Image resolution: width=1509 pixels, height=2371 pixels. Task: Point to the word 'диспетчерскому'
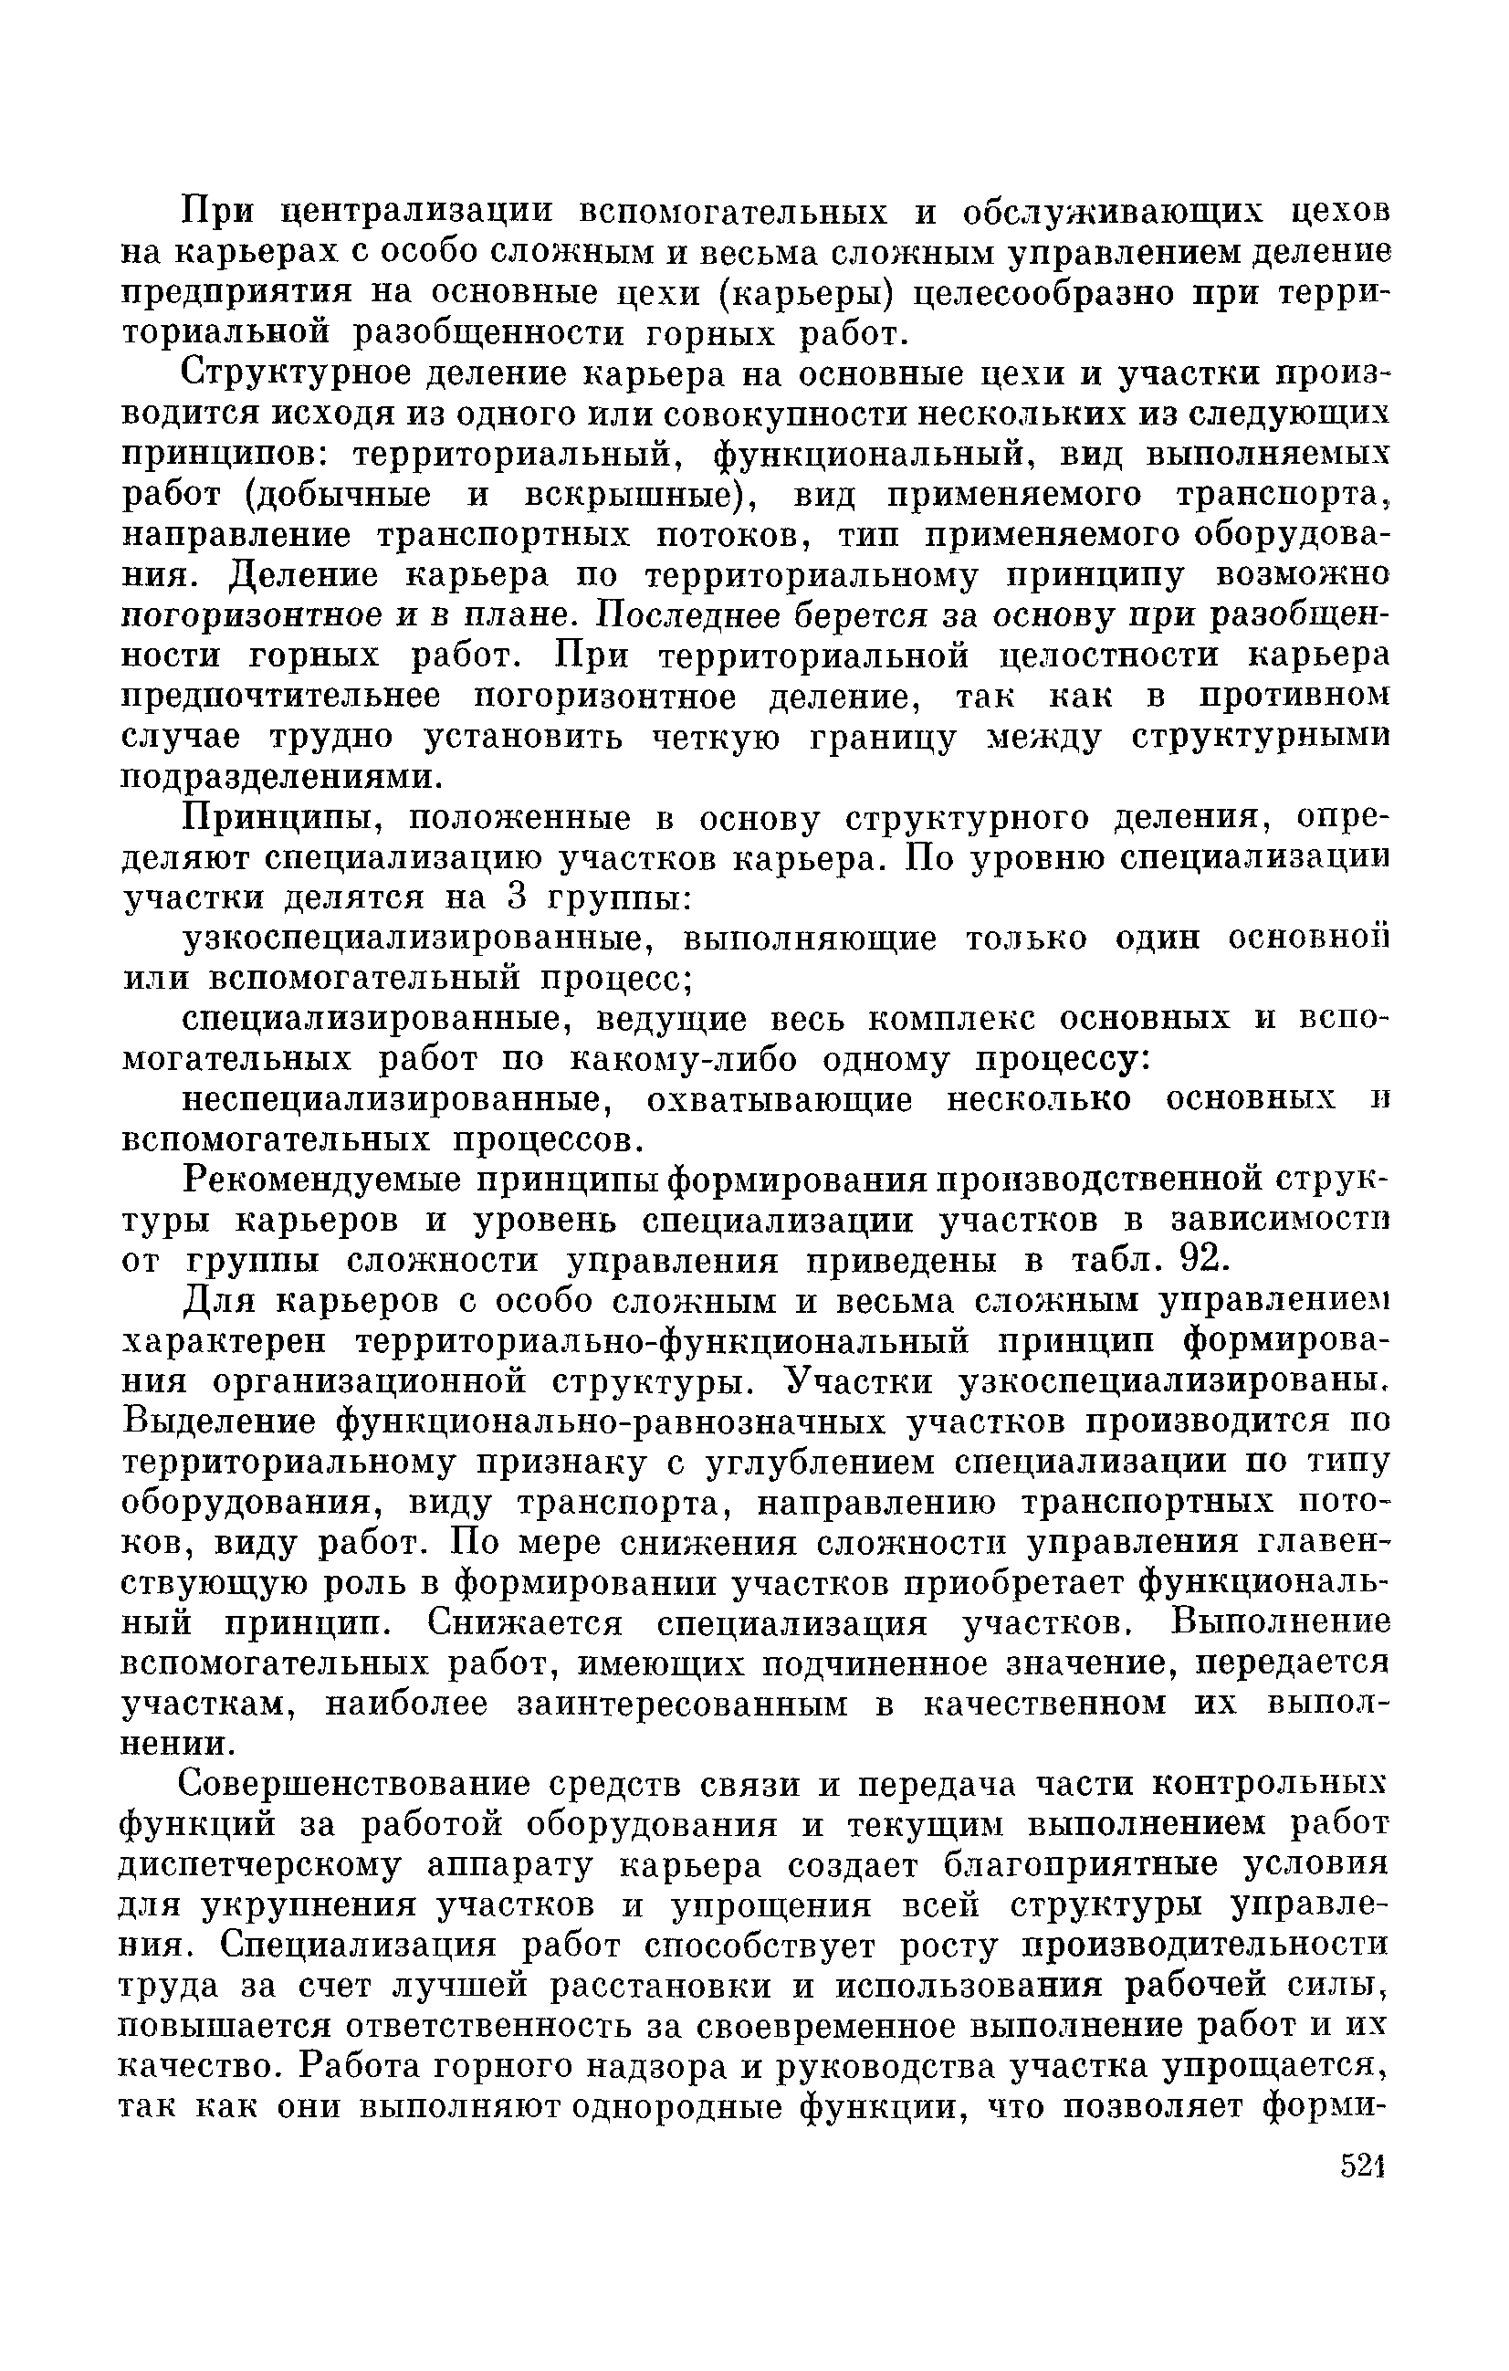tap(260, 1866)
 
